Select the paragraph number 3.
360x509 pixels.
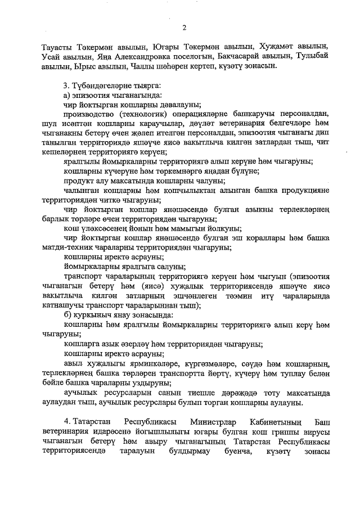click(x=66, y=85)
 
